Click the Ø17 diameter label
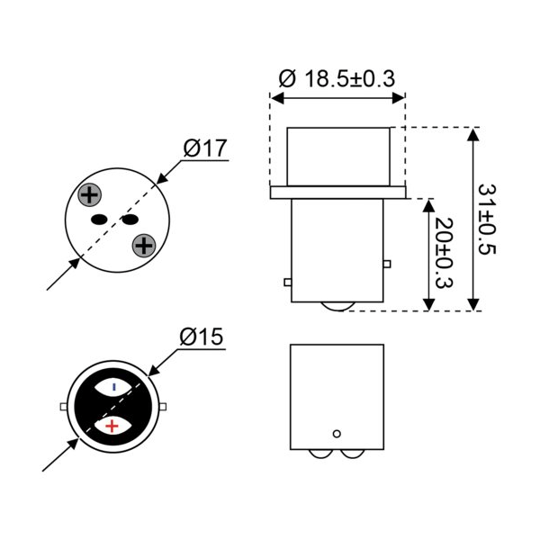click(x=205, y=148)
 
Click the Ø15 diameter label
click(x=202, y=337)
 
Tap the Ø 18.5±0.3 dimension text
click(x=337, y=78)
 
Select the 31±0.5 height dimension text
click(x=487, y=220)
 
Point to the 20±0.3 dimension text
click(x=444, y=252)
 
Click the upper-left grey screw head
click(x=89, y=195)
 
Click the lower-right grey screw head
click(x=144, y=246)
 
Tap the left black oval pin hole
click(x=98, y=219)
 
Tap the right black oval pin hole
click(x=130, y=219)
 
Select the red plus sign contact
click(x=112, y=427)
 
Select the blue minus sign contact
click(x=114, y=387)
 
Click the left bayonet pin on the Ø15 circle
click(x=64, y=407)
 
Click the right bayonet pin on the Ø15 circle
click(x=163, y=407)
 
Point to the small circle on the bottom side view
click(x=337, y=434)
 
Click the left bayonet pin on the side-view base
click(x=288, y=283)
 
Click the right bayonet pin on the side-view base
click(x=387, y=264)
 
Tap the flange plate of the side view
click(x=337, y=193)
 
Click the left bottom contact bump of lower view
click(x=319, y=454)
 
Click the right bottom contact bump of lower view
click(x=352, y=454)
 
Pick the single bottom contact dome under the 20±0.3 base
click(x=337, y=307)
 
